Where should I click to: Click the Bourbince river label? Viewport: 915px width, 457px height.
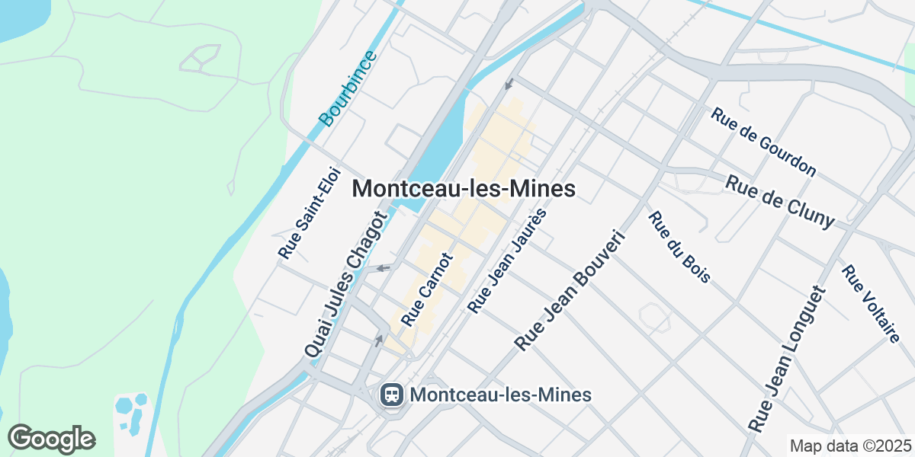tap(348, 88)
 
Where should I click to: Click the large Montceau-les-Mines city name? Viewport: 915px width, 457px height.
tap(463, 188)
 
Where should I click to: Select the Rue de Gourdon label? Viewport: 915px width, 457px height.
tap(762, 141)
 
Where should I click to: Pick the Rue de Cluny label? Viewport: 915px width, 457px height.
tap(779, 201)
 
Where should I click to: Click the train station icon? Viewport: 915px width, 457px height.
tap(392, 395)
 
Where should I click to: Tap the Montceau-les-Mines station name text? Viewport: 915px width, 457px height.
tap(500, 395)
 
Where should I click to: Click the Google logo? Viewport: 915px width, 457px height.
tap(51, 439)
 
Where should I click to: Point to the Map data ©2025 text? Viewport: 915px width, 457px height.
tap(849, 446)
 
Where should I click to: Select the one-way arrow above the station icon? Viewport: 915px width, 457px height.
tap(379, 340)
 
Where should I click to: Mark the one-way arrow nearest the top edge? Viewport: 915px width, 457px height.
tap(509, 83)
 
